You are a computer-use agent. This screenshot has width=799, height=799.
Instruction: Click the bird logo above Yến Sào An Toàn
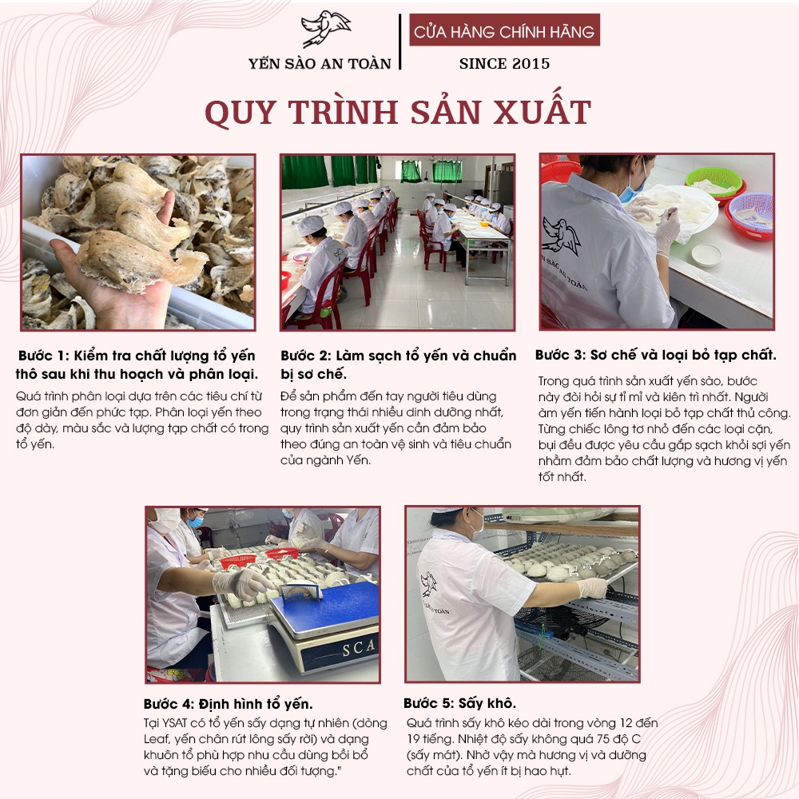325,29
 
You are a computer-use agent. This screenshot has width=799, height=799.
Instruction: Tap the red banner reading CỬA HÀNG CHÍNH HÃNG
504,30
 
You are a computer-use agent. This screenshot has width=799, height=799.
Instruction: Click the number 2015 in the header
531,64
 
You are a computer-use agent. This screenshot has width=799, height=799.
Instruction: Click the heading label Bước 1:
43,356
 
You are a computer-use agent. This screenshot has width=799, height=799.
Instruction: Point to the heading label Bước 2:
306,356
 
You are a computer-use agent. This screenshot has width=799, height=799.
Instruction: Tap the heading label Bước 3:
561,356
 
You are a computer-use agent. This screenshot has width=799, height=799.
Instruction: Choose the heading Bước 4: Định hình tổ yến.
229,704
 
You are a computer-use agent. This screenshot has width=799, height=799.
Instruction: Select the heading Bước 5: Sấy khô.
459,704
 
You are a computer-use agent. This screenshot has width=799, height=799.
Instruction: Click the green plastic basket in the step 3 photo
714,181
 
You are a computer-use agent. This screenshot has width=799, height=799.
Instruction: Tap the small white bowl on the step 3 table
707,254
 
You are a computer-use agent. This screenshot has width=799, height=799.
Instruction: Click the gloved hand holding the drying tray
591,588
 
